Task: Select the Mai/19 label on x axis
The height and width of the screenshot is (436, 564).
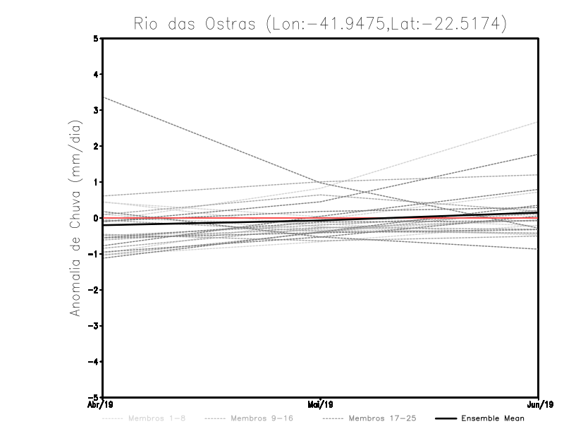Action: [x=320, y=405]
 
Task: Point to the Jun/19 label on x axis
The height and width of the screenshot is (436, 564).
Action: [x=539, y=405]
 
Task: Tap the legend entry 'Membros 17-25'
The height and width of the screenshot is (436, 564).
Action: [x=382, y=418]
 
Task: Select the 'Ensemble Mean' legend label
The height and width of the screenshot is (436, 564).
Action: [x=493, y=418]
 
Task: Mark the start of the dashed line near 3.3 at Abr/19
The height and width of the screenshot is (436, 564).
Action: [x=104, y=97]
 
